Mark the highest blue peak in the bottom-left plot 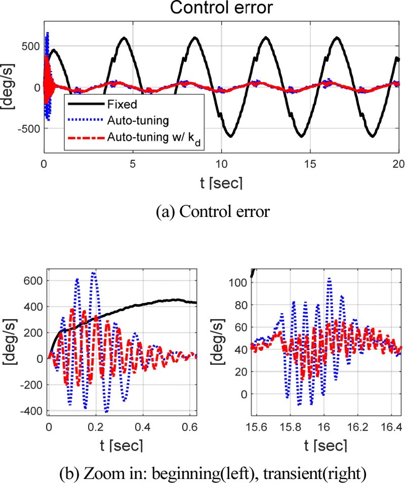(94, 273)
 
